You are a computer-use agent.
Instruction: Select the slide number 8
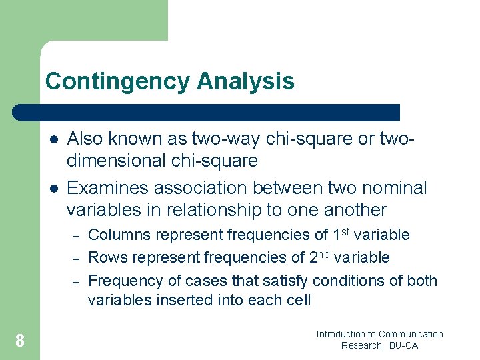(20, 341)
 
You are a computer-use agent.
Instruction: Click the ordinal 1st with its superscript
(344, 234)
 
